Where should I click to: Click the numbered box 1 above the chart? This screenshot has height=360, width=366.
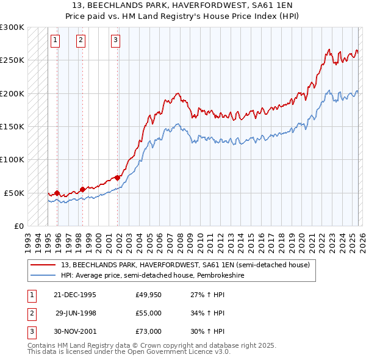point(55,41)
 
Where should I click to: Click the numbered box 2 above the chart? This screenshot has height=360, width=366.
point(81,41)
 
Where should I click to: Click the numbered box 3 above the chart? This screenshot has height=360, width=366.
point(115,41)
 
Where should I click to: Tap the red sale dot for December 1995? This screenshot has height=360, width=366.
point(57,193)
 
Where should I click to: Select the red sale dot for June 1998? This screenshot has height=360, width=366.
point(82,189)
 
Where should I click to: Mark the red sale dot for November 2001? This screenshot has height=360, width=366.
point(118,178)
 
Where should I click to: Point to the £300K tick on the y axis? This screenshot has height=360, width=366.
point(12,28)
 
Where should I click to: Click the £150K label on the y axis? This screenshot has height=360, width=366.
point(12,127)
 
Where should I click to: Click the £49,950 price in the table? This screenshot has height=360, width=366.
point(148,295)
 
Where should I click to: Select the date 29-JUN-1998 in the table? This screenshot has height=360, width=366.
point(75,313)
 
